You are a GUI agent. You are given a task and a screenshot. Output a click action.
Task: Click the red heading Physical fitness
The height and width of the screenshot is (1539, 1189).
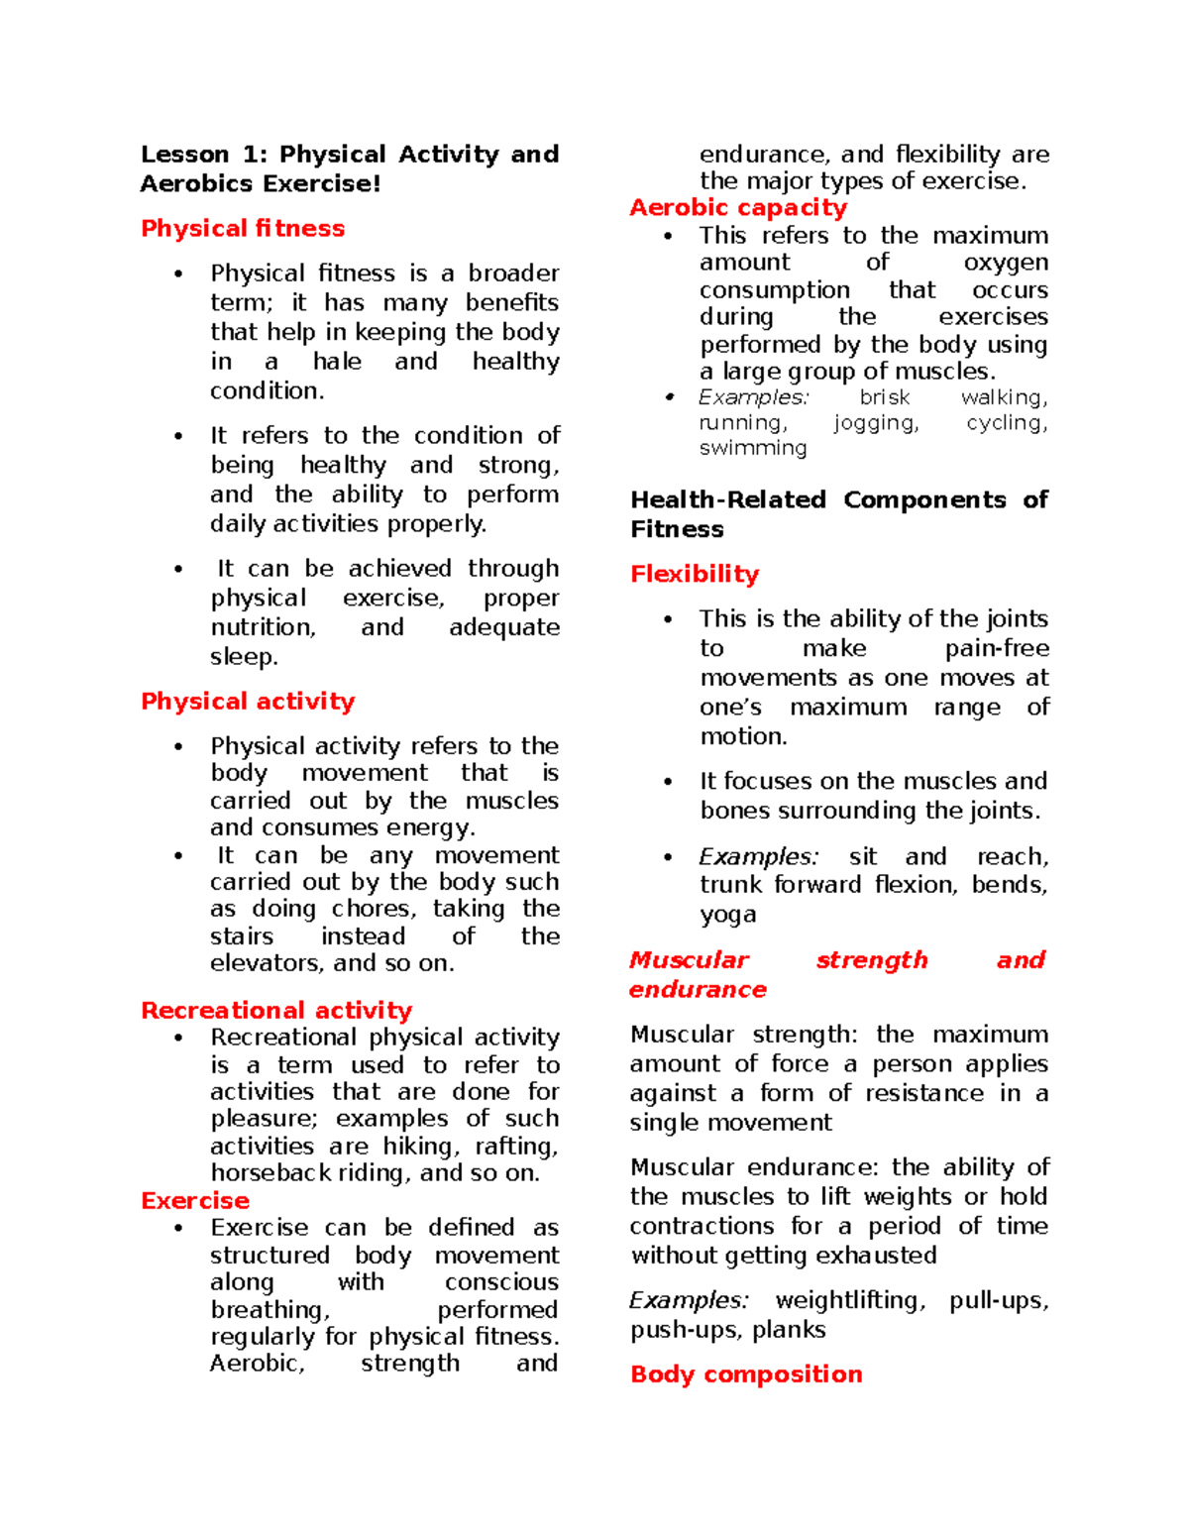tap(243, 229)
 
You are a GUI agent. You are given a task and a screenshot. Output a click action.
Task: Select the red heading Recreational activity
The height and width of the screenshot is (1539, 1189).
tap(276, 1011)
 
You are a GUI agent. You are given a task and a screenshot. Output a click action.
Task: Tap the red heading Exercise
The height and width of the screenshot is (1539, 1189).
tap(195, 1201)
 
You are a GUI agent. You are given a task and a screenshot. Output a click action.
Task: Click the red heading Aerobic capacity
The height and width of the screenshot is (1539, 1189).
tap(738, 208)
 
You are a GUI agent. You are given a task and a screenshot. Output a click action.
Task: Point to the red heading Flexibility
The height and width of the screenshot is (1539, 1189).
tap(695, 575)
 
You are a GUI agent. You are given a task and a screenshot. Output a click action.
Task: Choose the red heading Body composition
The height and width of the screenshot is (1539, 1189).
tap(746, 1374)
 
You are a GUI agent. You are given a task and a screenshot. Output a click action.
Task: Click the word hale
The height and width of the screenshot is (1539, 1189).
tap(337, 362)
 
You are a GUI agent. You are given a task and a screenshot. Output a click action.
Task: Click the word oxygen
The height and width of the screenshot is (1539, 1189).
tap(1006, 263)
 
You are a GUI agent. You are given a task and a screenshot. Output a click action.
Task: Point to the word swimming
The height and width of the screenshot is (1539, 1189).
tap(753, 449)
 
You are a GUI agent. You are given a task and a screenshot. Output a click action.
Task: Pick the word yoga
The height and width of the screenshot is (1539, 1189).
tap(727, 916)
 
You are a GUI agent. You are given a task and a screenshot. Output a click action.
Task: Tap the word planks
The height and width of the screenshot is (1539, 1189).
tap(789, 1330)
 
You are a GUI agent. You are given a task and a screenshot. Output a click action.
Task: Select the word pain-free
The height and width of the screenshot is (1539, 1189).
tap(997, 649)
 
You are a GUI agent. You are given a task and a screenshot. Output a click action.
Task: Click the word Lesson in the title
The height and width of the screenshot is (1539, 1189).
tap(185, 155)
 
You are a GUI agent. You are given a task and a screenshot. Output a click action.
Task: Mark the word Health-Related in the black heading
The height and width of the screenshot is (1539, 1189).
tap(728, 500)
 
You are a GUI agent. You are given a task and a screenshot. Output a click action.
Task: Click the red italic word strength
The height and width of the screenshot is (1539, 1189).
tap(872, 960)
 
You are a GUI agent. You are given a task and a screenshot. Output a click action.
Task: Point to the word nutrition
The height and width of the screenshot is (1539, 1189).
tap(263, 628)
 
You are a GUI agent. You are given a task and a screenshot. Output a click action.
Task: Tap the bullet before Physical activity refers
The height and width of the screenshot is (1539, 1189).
tap(178, 747)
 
